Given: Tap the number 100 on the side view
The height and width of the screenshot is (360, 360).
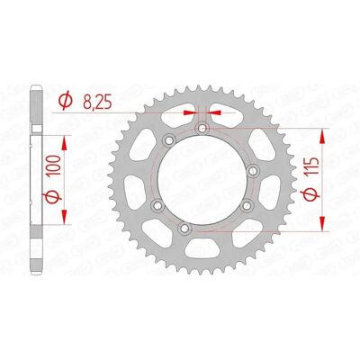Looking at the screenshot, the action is click(54, 166).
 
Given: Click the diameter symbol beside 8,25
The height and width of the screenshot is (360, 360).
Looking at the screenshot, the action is click(66, 100).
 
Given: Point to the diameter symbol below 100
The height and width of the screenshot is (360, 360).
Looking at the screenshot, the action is click(53, 197).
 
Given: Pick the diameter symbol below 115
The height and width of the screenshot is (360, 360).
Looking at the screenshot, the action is click(311, 195).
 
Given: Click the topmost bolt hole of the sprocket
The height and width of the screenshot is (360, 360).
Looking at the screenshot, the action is click(202, 129).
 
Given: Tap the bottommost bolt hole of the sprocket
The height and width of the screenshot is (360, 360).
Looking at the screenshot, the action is click(184, 229).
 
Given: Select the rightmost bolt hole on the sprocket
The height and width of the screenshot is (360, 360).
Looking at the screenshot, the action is click(254, 171).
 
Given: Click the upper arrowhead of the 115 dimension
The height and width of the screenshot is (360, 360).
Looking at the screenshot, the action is click(322, 137).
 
